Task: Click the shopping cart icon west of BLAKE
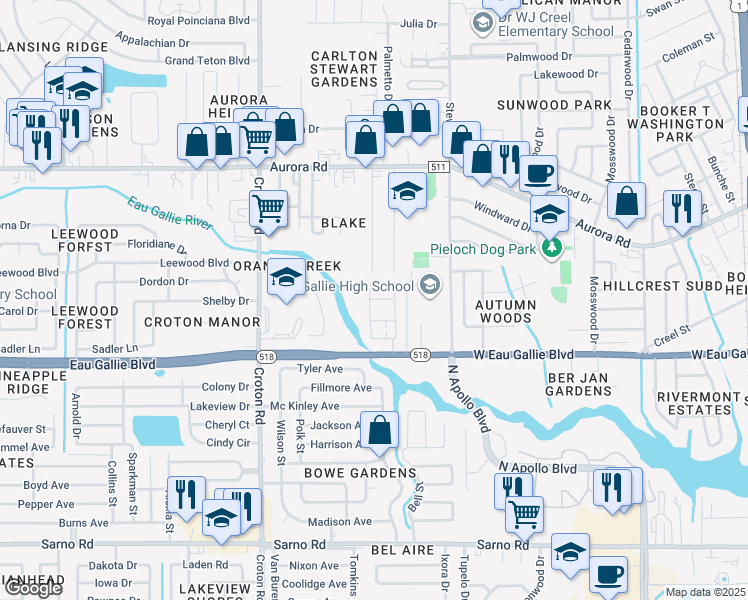point(268,209)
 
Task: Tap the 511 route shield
point(438,165)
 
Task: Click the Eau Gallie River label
point(170,212)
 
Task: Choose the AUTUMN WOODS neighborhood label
point(504,311)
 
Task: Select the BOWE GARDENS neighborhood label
point(345,472)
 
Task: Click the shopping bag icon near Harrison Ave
point(380,430)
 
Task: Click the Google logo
point(33,588)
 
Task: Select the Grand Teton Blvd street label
point(206,61)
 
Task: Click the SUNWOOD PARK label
point(558,105)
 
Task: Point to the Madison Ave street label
point(340,521)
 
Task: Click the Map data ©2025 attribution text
point(706,592)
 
